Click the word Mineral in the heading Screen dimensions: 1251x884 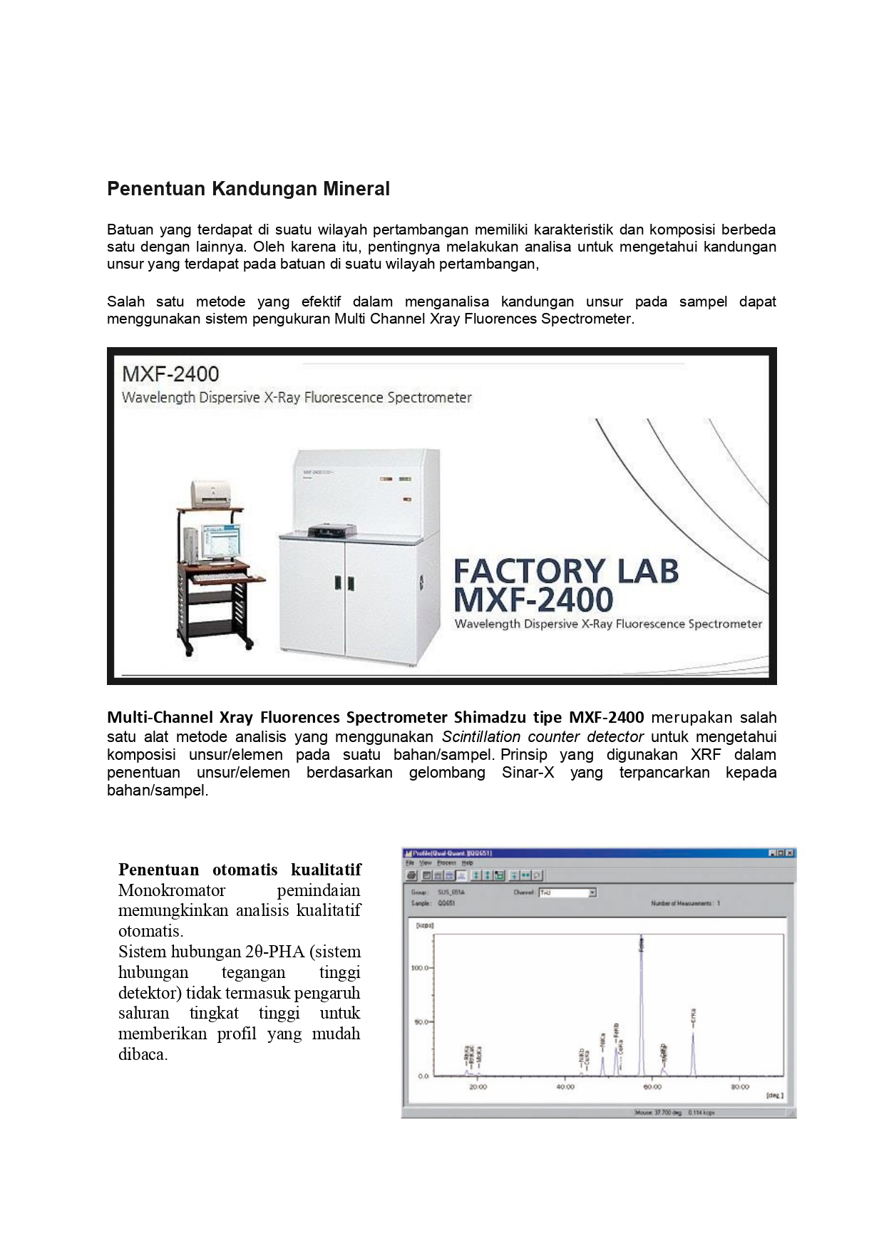[x=358, y=189]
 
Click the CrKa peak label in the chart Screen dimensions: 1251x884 [x=693, y=1017]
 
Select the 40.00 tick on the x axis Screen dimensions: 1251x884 [x=565, y=1087]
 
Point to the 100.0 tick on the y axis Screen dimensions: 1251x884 [x=419, y=968]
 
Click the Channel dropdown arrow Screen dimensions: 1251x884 [x=592, y=892]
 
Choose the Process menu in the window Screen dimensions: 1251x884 [x=446, y=863]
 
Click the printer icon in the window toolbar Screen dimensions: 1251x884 [x=412, y=875]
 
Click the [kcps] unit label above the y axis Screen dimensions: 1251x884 [x=425, y=925]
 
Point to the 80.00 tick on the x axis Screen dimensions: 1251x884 [x=740, y=1087]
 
